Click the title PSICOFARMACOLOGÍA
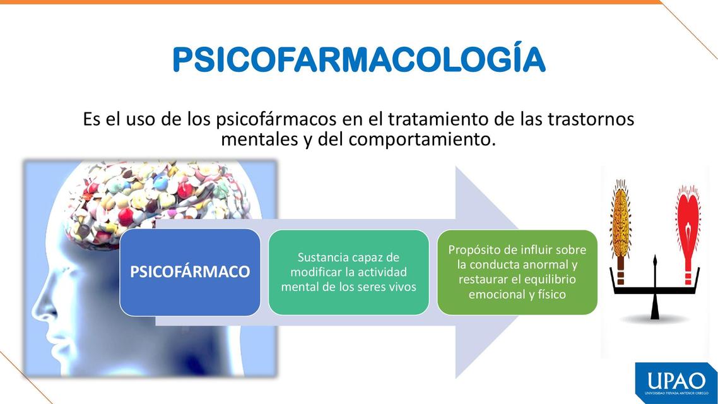[x=358, y=60]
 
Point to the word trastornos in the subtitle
[x=588, y=119]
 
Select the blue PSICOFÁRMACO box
[x=190, y=272]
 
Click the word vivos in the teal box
[x=400, y=287]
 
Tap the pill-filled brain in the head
[x=151, y=196]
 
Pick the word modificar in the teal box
[x=317, y=272]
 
